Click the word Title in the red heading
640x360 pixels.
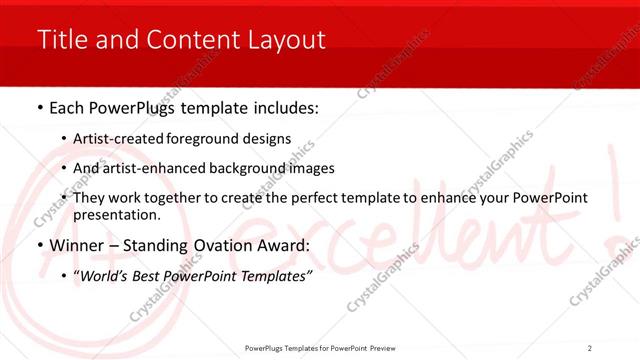(60, 40)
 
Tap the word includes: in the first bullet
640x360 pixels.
(281, 106)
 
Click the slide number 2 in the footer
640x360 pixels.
(589, 347)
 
